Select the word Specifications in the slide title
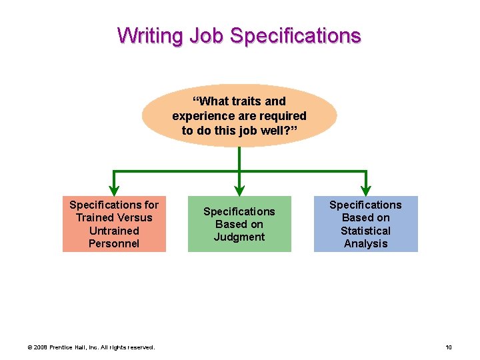point(295,35)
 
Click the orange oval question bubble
point(239,115)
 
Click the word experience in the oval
point(201,116)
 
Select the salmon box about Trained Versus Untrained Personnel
point(114,224)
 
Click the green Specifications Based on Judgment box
point(239,224)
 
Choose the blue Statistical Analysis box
point(365,224)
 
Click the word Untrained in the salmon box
point(114,231)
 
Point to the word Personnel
point(114,243)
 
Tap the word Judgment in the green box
point(239,237)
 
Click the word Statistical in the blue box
point(365,231)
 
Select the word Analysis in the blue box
point(365,243)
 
